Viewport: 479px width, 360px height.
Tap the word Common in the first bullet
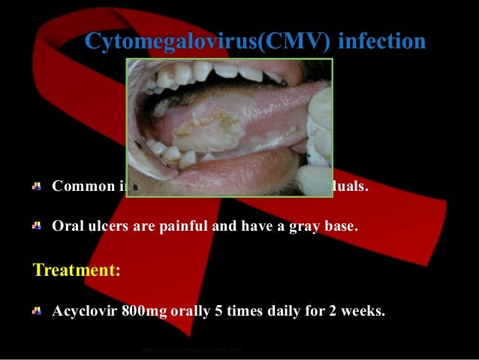pos(80,186)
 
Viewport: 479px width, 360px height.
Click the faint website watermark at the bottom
pos(193,349)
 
